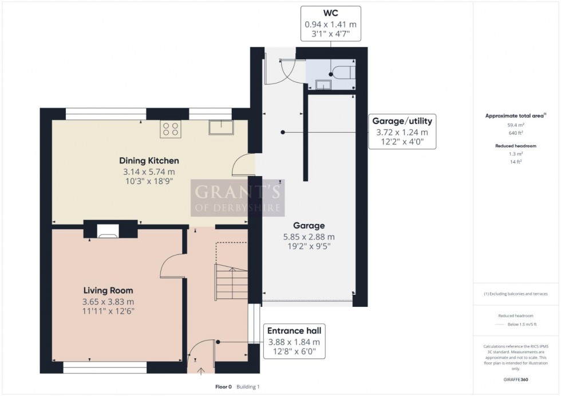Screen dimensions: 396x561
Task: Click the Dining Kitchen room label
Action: click(149, 161)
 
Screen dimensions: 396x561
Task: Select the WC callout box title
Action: click(332, 12)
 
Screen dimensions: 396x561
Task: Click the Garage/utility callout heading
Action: click(402, 121)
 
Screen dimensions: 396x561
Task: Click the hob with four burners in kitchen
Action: click(170, 129)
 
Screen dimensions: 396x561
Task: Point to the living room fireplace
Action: click(108, 230)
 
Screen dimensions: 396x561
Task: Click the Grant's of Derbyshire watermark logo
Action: click(238, 197)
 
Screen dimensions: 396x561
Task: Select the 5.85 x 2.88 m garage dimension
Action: click(309, 237)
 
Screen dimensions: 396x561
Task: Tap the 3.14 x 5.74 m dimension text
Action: click(149, 171)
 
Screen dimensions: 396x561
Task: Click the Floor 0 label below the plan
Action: click(223, 387)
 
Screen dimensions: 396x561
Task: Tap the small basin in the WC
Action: click(323, 85)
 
